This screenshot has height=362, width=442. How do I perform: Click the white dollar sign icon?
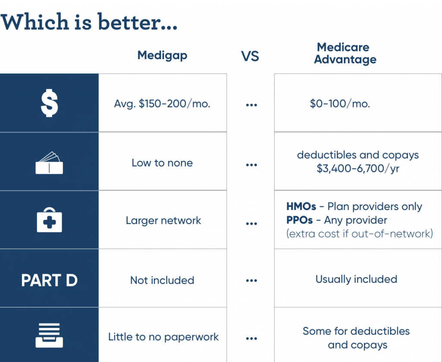49,103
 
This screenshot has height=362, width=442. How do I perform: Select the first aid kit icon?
49,220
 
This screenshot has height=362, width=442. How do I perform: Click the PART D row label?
49,280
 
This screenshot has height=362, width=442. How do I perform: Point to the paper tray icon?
49,336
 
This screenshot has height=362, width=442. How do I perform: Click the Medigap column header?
162,56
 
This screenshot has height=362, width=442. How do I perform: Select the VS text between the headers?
250,56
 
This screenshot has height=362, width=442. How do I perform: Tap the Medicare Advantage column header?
345,53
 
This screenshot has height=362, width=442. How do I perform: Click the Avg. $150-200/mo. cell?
162,104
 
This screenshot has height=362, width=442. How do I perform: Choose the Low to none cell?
162,163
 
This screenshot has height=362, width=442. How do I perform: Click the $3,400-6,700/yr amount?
358,168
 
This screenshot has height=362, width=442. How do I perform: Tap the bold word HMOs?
301,206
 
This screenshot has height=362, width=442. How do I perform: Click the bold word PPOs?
300,220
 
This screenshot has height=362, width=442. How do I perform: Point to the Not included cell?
162,280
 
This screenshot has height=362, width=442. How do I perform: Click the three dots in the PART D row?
252,280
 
